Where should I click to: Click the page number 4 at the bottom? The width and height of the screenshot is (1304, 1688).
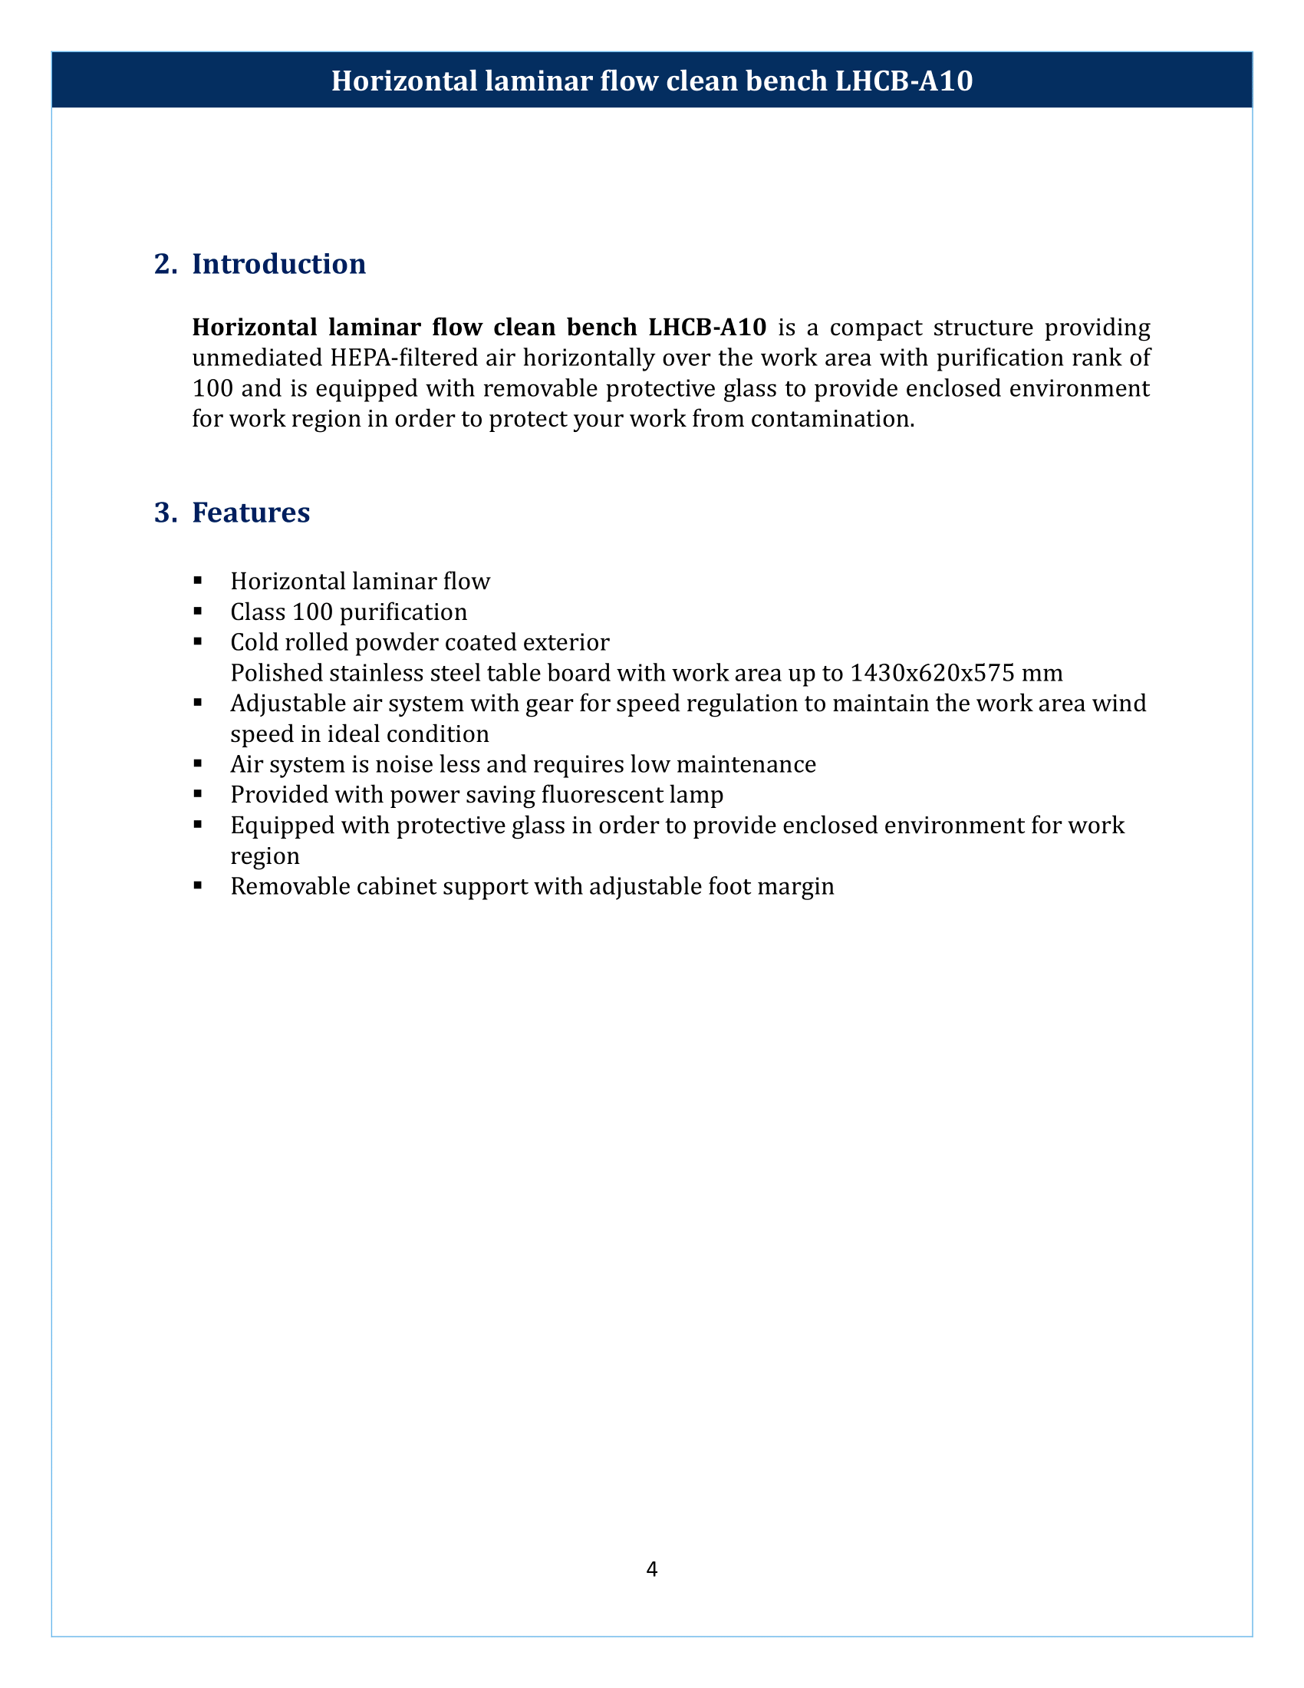tap(651, 1569)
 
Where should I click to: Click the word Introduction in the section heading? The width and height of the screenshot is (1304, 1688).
tap(279, 265)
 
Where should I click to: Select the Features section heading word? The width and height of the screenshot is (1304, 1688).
tap(251, 513)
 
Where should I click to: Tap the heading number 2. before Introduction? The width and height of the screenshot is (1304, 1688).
tap(166, 265)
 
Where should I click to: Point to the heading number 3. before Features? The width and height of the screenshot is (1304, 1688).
tap(166, 513)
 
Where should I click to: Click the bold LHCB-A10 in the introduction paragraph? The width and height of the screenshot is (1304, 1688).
tap(707, 328)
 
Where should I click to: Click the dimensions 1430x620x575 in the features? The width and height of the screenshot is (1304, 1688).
tap(932, 673)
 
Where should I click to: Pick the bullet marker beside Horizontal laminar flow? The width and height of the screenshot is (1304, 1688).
tap(199, 579)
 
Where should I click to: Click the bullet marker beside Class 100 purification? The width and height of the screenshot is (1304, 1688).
tap(199, 611)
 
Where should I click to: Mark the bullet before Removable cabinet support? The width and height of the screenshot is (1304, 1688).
tap(199, 885)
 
